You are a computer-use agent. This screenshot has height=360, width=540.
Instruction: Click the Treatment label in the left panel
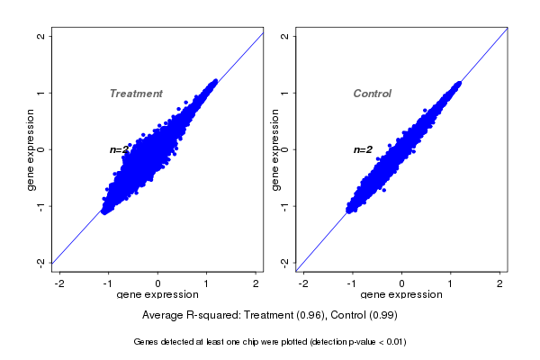136,94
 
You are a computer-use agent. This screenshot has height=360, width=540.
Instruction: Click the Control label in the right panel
373,94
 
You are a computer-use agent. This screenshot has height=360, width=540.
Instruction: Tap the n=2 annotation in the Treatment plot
120,149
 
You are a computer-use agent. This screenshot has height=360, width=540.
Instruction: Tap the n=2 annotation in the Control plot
363,149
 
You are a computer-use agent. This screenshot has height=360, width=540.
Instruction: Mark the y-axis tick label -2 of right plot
284,262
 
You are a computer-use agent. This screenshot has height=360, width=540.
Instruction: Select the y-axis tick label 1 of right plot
284,93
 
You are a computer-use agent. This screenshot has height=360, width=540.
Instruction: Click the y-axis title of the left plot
31,149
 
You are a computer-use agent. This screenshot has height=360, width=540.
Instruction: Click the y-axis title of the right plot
274,149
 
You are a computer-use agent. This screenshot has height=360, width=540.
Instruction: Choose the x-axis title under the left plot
158,294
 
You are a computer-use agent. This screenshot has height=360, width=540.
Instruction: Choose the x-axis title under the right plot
401,294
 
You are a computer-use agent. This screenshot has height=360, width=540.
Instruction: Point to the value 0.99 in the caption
382,316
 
